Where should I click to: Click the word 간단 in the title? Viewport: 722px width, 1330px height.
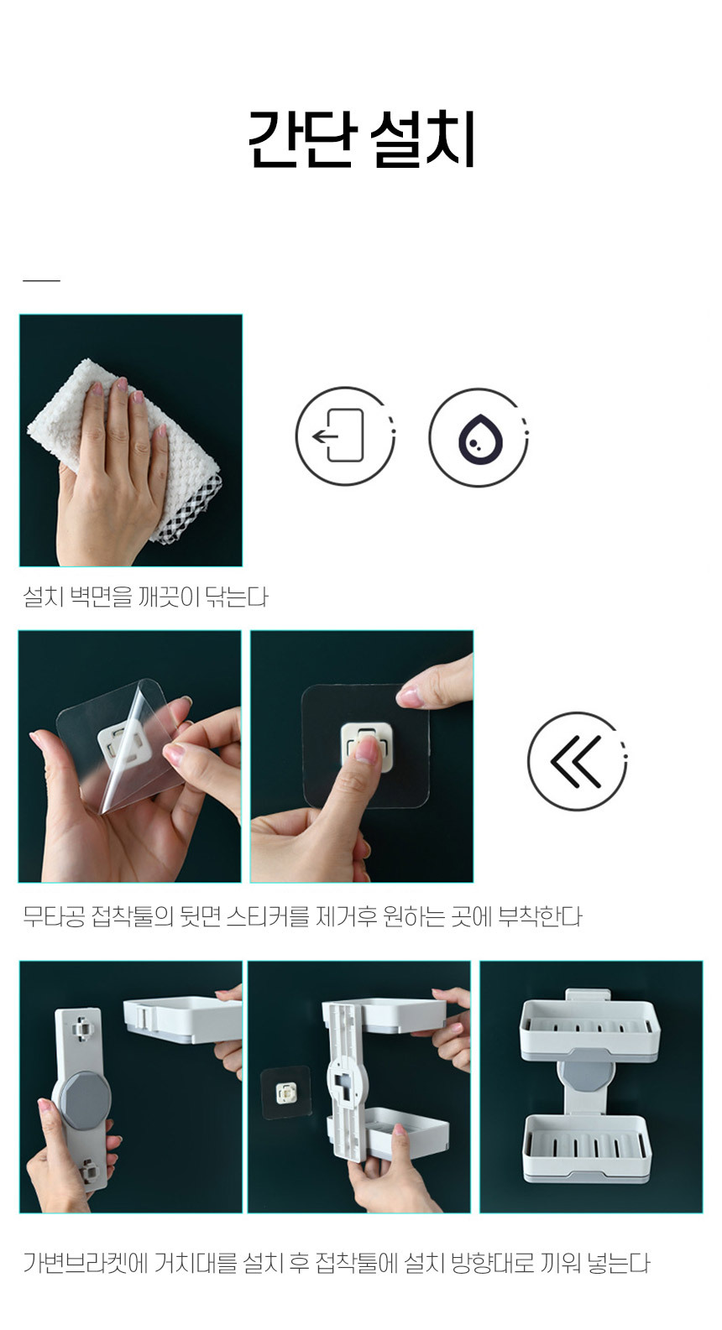click(302, 139)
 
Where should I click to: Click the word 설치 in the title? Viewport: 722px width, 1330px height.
click(422, 139)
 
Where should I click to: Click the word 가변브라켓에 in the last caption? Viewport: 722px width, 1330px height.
click(86, 1263)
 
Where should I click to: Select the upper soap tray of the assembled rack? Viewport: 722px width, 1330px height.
click(589, 1029)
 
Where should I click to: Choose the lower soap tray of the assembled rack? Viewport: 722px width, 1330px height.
click(587, 1149)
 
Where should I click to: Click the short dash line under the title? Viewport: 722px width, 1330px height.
click(42, 280)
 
